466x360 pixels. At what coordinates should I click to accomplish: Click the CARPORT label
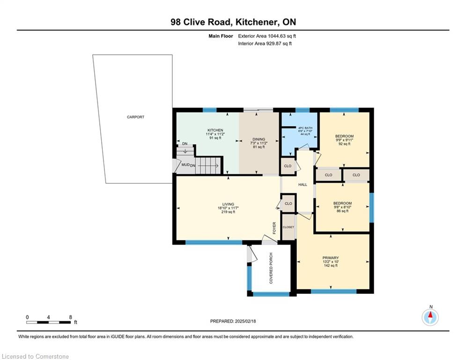[x=135, y=117]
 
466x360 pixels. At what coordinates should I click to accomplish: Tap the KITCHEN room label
[x=215, y=130]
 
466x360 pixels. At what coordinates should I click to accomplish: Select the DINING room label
[x=259, y=139]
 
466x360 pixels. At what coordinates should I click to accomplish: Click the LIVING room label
[x=228, y=204]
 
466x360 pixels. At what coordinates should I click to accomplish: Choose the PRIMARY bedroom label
[x=331, y=258]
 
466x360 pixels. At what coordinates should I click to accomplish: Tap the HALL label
[x=303, y=185]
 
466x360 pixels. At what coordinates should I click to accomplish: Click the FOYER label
[x=274, y=228]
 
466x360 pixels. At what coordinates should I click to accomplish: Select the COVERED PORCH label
[x=271, y=268]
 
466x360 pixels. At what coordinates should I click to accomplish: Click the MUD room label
[x=185, y=165]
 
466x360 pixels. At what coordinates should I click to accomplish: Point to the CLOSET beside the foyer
[x=288, y=227]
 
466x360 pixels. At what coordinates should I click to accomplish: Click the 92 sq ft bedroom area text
[x=344, y=144]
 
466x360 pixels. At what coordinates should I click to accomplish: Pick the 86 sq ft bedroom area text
[x=343, y=211]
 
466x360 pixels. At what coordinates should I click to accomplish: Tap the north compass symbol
[x=430, y=317]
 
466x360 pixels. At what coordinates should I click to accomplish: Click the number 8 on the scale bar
[x=70, y=317]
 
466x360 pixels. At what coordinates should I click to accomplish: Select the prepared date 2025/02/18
[x=245, y=321]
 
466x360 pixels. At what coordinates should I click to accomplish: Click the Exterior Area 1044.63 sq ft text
[x=267, y=36]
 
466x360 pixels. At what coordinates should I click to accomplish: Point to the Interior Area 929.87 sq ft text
[x=265, y=44]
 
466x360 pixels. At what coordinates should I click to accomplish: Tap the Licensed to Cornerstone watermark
[x=35, y=356]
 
